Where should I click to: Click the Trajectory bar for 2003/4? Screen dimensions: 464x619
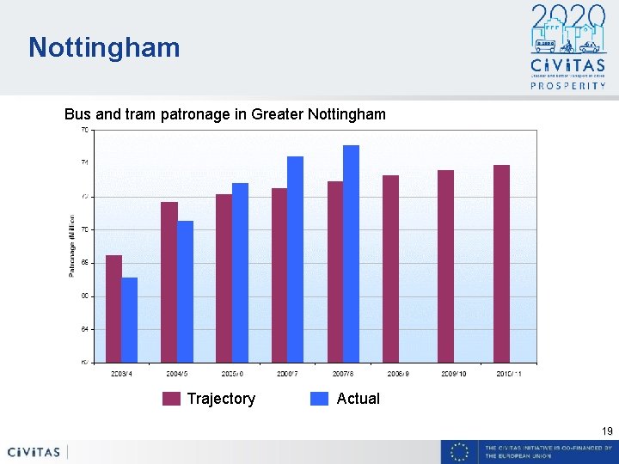pyautogui.click(x=113, y=308)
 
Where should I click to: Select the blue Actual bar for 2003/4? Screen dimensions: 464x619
pyautogui.click(x=129, y=320)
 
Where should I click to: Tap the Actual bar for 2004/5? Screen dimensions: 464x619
pyautogui.click(x=185, y=291)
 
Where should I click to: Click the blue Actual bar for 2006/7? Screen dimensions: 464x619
pyautogui.click(x=295, y=259)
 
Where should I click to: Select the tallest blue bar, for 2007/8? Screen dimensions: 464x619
pyautogui.click(x=351, y=253)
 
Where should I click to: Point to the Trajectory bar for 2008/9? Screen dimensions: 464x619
pyautogui.click(x=390, y=268)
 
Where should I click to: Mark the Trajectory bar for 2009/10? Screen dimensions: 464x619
pyautogui.click(x=445, y=266)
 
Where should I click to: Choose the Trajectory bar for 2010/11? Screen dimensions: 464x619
pyautogui.click(x=501, y=263)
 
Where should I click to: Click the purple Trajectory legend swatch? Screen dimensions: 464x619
pyautogui.click(x=172, y=399)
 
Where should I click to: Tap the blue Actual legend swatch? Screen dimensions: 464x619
pyautogui.click(x=320, y=399)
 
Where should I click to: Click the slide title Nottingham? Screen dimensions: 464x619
pyautogui.click(x=104, y=47)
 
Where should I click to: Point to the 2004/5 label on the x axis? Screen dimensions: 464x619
pyautogui.click(x=177, y=374)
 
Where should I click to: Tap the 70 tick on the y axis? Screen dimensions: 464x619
pyautogui.click(x=84, y=229)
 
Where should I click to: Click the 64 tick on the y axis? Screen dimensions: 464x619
pyautogui.click(x=84, y=329)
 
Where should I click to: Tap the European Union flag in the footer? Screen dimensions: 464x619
pyautogui.click(x=460, y=452)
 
